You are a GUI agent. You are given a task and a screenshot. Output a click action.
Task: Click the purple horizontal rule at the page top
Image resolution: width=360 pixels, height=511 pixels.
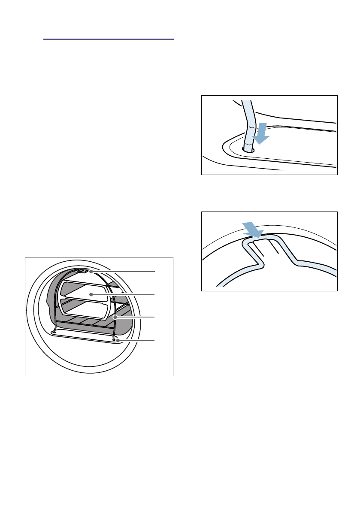pyautogui.click(x=109, y=39)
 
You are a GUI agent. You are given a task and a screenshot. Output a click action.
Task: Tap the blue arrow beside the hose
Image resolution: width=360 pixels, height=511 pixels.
pyautogui.click(x=260, y=133)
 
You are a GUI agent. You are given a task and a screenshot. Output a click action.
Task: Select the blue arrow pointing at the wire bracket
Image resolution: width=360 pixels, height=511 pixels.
pyautogui.click(x=253, y=229)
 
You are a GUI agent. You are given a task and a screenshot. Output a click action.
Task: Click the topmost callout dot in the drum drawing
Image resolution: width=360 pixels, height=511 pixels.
pyautogui.click(x=91, y=272)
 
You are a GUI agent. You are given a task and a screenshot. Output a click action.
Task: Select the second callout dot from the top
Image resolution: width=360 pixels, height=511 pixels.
pyautogui.click(x=91, y=294)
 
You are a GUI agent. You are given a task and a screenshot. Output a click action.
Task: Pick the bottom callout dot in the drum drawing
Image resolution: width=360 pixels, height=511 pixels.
pyautogui.click(x=118, y=341)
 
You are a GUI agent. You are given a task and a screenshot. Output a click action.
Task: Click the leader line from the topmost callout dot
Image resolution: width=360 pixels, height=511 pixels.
pyautogui.click(x=124, y=272)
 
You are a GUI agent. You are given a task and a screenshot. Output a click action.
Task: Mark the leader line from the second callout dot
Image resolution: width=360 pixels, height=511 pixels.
pyautogui.click(x=124, y=294)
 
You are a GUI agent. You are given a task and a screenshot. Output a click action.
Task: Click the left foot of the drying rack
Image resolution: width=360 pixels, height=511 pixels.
pyautogui.click(x=54, y=331)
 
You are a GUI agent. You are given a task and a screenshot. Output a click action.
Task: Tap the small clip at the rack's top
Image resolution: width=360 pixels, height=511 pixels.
pyautogui.click(x=81, y=271)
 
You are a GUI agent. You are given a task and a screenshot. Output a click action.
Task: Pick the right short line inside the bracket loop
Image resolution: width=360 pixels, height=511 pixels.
pyautogui.click(x=275, y=248)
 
